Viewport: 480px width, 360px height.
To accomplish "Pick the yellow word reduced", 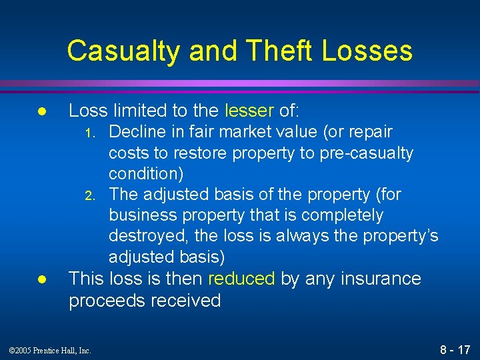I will click(241, 279).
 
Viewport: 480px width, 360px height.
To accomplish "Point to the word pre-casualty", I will click(365, 153).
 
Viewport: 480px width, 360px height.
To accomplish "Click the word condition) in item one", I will click(146, 173).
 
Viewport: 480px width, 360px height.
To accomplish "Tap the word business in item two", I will click(141, 215).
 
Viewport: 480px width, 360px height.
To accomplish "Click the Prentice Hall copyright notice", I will click(51, 350).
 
